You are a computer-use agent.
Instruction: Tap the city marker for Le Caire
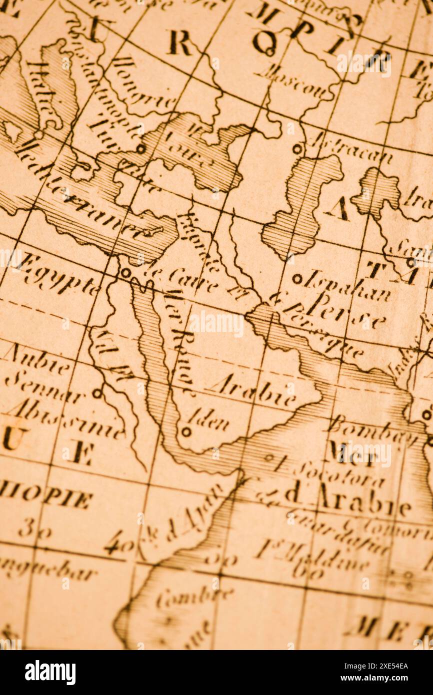[125, 272]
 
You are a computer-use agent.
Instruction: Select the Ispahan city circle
[297, 278]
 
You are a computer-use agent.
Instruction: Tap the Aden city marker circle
[186, 431]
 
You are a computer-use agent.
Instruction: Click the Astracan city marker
[297, 148]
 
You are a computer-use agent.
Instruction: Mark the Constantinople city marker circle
[141, 148]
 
